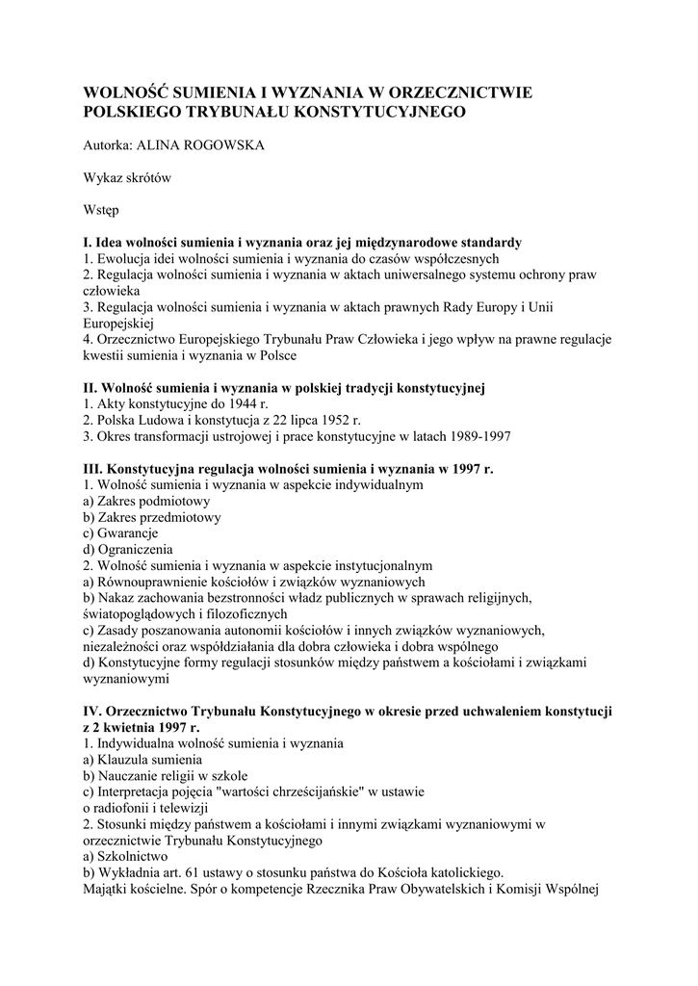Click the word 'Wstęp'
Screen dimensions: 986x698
point(101,209)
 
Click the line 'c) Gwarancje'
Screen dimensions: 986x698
point(120,532)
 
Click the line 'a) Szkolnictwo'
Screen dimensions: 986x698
point(126,856)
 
